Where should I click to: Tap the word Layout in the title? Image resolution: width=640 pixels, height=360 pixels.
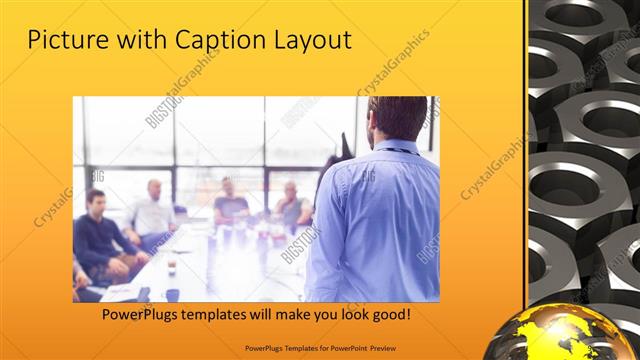313,41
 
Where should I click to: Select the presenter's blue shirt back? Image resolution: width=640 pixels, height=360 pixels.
375,220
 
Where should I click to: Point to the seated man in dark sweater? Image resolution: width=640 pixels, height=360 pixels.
97,235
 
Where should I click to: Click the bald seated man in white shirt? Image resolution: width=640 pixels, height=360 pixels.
152,212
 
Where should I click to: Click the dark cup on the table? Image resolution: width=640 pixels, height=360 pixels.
171,267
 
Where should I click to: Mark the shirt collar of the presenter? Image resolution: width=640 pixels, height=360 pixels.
392,148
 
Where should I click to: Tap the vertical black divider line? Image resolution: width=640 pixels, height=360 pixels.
526,180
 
